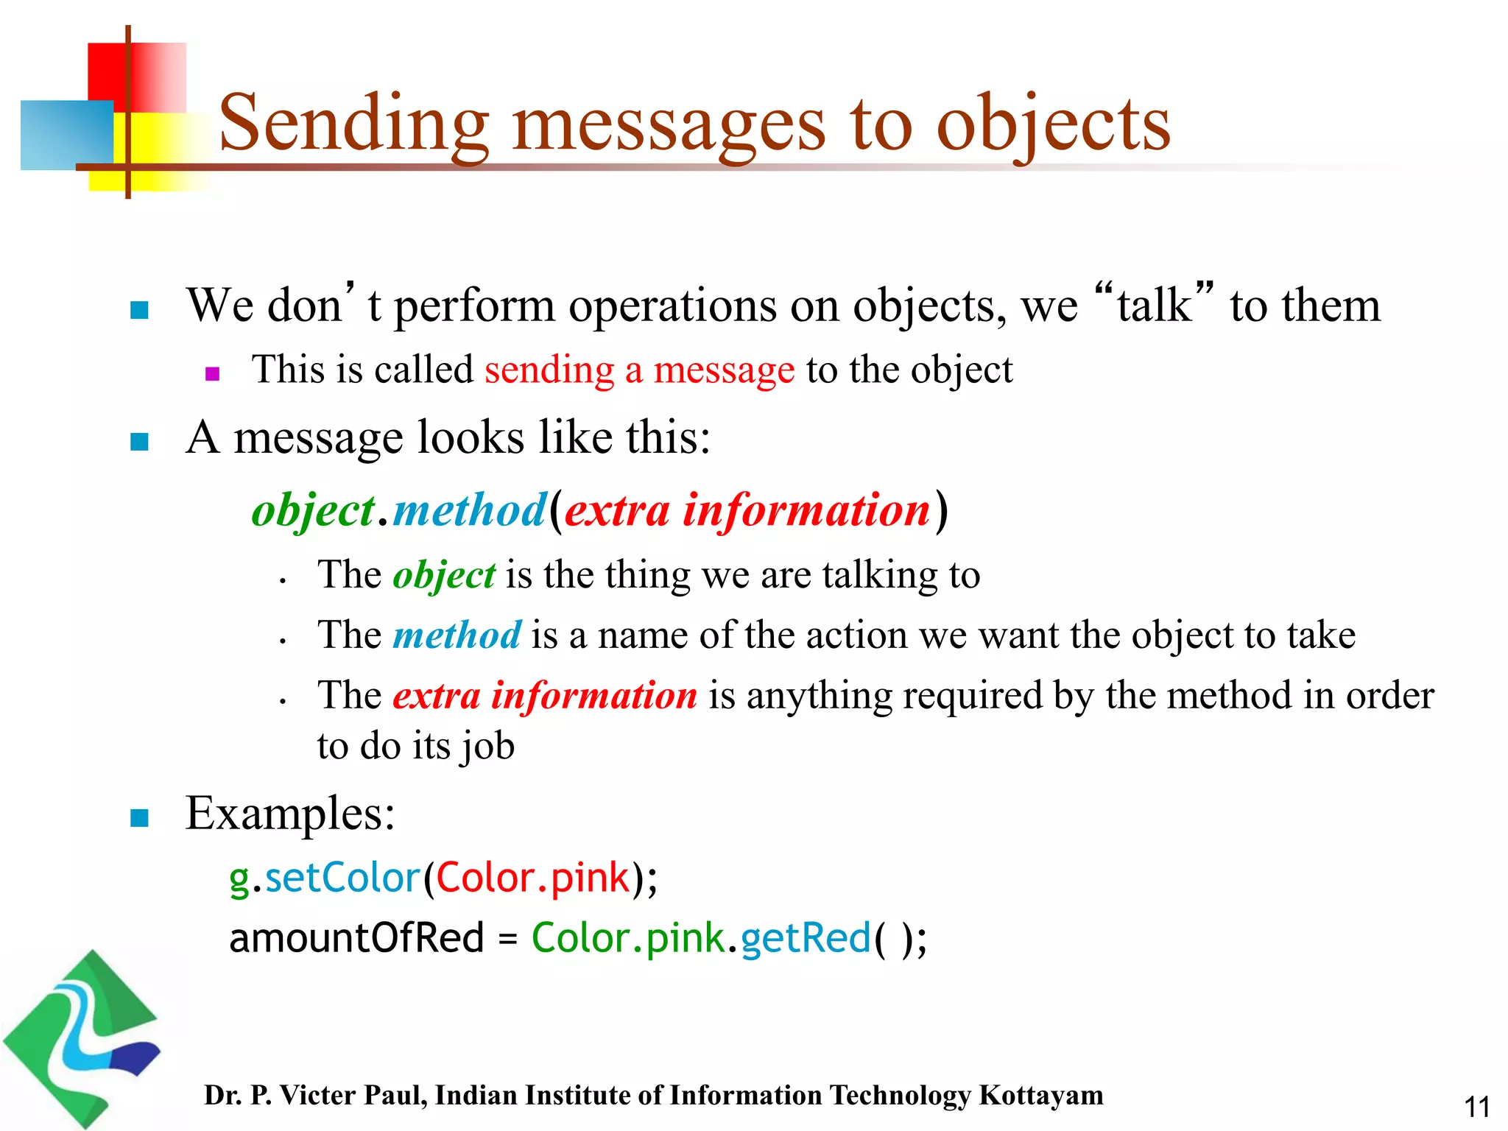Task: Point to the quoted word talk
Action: (1154, 305)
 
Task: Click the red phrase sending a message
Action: (639, 370)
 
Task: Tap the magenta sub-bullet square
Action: (213, 374)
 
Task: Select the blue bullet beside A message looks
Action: (139, 442)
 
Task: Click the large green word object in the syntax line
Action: (313, 510)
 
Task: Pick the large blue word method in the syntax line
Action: (469, 510)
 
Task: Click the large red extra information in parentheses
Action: (747, 510)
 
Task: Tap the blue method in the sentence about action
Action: (457, 635)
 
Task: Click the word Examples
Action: (290, 814)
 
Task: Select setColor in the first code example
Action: (342, 878)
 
